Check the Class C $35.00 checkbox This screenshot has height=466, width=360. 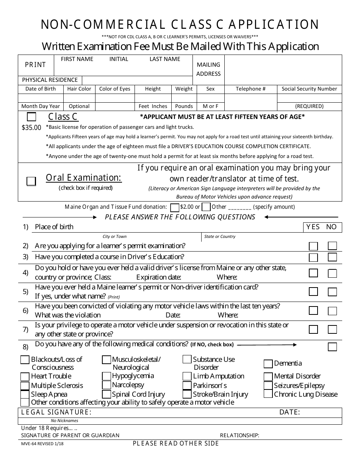click(32, 117)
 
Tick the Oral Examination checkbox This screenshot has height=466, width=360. click(31, 181)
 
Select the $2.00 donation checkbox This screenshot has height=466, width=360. click(175, 207)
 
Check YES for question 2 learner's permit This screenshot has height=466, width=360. click(313, 246)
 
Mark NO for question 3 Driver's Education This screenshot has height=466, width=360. click(332, 257)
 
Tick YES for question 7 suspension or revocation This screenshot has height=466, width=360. click(313, 329)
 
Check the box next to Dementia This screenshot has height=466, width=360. click(268, 364)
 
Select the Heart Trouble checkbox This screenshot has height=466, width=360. click(25, 377)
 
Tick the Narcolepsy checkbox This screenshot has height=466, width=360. click(106, 385)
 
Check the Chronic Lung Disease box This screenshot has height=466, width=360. click(268, 394)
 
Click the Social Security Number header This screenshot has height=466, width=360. click(309, 89)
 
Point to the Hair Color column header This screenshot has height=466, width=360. click(79, 89)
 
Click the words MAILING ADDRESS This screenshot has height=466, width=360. click(208, 69)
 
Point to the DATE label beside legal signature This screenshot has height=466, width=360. click(290, 412)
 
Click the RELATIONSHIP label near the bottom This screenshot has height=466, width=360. click(239, 436)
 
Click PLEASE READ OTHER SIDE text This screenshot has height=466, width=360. click(176, 444)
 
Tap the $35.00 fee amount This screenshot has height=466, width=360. click(31, 128)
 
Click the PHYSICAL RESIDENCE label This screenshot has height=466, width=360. click(50, 80)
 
